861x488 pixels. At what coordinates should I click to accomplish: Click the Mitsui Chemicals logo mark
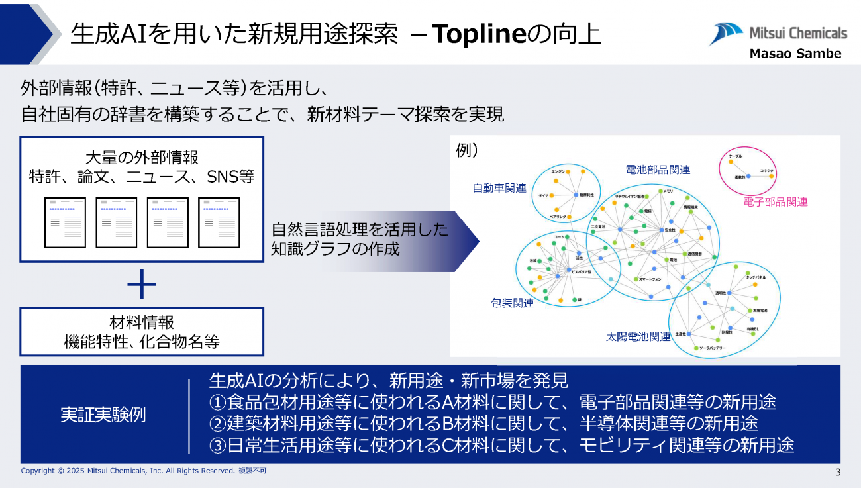(x=727, y=33)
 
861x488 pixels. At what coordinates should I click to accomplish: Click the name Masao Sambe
(x=795, y=54)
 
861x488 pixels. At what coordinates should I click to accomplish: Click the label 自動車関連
(x=499, y=189)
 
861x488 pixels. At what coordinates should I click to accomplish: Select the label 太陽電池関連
(x=638, y=336)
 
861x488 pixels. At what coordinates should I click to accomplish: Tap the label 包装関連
(x=513, y=303)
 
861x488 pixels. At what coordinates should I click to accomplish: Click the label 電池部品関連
(x=658, y=170)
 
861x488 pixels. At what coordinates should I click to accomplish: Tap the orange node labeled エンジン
(x=570, y=172)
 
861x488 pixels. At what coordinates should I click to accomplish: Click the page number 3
(x=838, y=472)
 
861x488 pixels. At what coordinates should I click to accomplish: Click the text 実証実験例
(x=103, y=415)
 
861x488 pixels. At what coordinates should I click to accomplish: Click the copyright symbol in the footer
(x=59, y=471)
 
